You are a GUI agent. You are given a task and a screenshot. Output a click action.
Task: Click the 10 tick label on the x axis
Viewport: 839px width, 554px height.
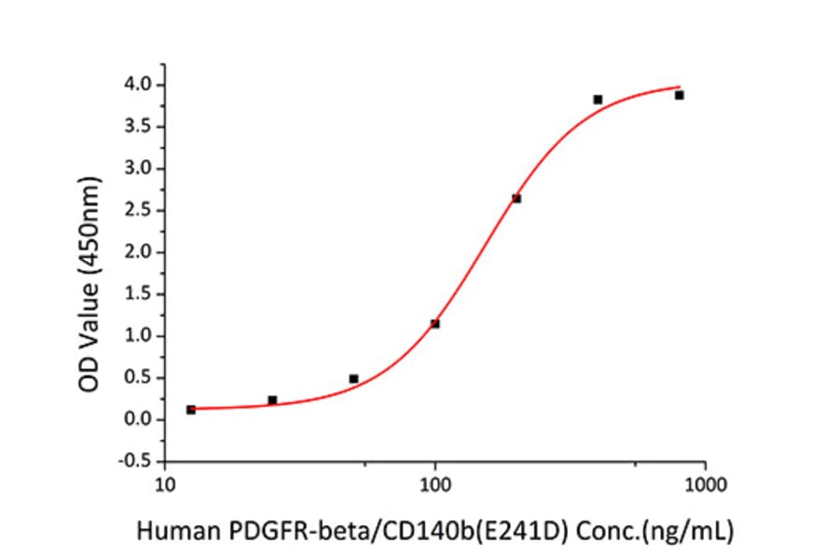pyautogui.click(x=164, y=485)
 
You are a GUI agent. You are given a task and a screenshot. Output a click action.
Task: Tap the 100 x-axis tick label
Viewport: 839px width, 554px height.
pyautogui.click(x=435, y=485)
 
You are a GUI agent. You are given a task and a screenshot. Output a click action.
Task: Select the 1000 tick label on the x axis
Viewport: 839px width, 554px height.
pyautogui.click(x=706, y=485)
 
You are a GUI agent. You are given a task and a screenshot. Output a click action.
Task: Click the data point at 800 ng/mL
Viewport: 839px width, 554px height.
pyautogui.click(x=680, y=95)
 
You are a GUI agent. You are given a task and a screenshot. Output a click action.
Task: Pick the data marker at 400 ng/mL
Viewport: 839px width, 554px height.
pyautogui.click(x=598, y=100)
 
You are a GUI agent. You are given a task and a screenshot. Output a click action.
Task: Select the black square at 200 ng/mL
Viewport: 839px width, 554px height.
pyautogui.click(x=516, y=199)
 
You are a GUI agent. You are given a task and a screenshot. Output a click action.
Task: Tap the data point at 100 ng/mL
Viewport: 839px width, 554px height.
pyautogui.click(x=435, y=324)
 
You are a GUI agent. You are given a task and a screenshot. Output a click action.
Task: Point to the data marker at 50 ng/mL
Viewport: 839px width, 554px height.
pyautogui.click(x=353, y=379)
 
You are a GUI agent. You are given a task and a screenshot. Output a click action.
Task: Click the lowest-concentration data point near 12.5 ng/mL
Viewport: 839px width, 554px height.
pyautogui.click(x=191, y=409)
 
